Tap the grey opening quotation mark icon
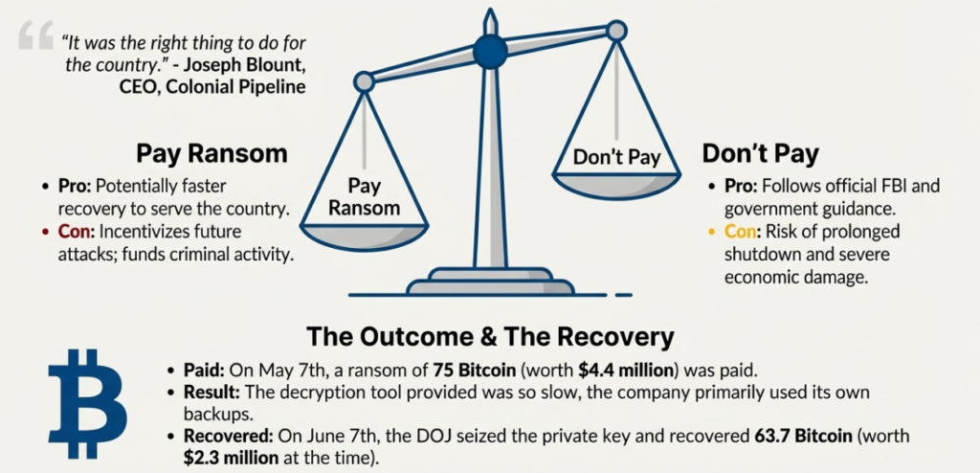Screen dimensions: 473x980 click(35, 35)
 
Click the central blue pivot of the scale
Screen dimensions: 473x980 click(490, 51)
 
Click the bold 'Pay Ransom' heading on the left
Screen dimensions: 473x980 click(212, 154)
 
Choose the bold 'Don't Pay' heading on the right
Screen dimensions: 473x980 click(760, 154)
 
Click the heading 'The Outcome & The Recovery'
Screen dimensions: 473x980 click(490, 337)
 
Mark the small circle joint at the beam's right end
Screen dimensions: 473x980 click(616, 31)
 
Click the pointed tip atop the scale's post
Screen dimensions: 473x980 click(490, 15)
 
